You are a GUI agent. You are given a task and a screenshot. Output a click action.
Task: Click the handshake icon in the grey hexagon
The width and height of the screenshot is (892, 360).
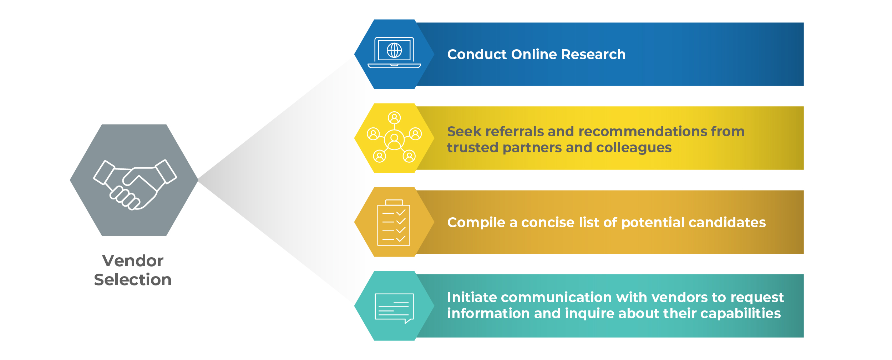click(x=135, y=184)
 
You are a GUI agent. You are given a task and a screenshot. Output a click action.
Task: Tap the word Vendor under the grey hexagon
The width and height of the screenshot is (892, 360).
click(x=133, y=261)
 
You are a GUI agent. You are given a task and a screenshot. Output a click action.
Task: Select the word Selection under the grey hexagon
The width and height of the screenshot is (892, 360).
click(x=133, y=280)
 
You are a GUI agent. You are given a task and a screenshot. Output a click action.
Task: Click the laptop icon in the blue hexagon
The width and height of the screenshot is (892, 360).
click(x=394, y=53)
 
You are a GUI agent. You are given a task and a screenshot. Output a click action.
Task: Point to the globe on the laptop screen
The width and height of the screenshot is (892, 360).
click(x=394, y=50)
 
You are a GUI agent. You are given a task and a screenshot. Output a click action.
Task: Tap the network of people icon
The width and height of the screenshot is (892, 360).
click(x=394, y=137)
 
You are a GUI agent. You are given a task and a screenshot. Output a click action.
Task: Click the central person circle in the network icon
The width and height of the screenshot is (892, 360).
click(x=394, y=140)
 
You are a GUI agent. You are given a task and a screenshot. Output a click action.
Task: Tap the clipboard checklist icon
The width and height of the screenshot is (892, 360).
click(x=394, y=223)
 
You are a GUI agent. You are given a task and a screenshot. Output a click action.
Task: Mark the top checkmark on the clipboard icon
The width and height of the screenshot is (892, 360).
click(x=401, y=212)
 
